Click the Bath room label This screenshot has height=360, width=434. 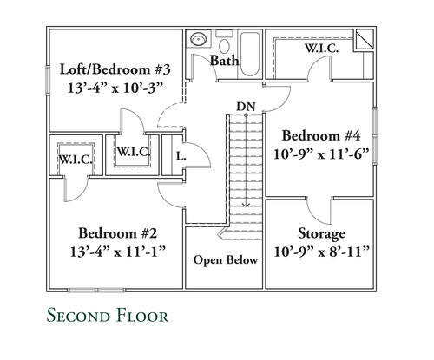pos(225,61)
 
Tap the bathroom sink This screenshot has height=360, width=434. pos(199,39)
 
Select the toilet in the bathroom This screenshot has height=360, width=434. pos(224,43)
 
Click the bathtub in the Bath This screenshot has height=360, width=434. pos(250,54)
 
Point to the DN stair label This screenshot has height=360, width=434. pos(246,107)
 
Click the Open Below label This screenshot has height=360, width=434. pos(226,259)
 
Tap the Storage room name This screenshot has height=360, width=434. pos(321,234)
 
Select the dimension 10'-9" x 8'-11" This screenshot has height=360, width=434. pos(321,252)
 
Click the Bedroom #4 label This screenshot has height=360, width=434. pos(321,136)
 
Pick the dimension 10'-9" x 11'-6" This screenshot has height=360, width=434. pos(321,154)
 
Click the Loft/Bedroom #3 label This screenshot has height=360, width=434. pos(115,69)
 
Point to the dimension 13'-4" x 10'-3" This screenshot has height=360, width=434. pos(115,88)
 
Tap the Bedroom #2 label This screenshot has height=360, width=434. pos(118,233)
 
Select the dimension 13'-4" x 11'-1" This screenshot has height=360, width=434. pos(118,252)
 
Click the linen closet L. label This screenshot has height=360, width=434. pos(181,157)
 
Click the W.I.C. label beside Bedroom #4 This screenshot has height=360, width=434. pos(322,49)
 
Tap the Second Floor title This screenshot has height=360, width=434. pos(108,315)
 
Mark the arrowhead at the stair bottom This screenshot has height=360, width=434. pos(246,205)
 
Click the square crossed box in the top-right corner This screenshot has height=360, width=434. pos(365,40)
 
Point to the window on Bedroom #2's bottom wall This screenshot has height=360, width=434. pos(96,290)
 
